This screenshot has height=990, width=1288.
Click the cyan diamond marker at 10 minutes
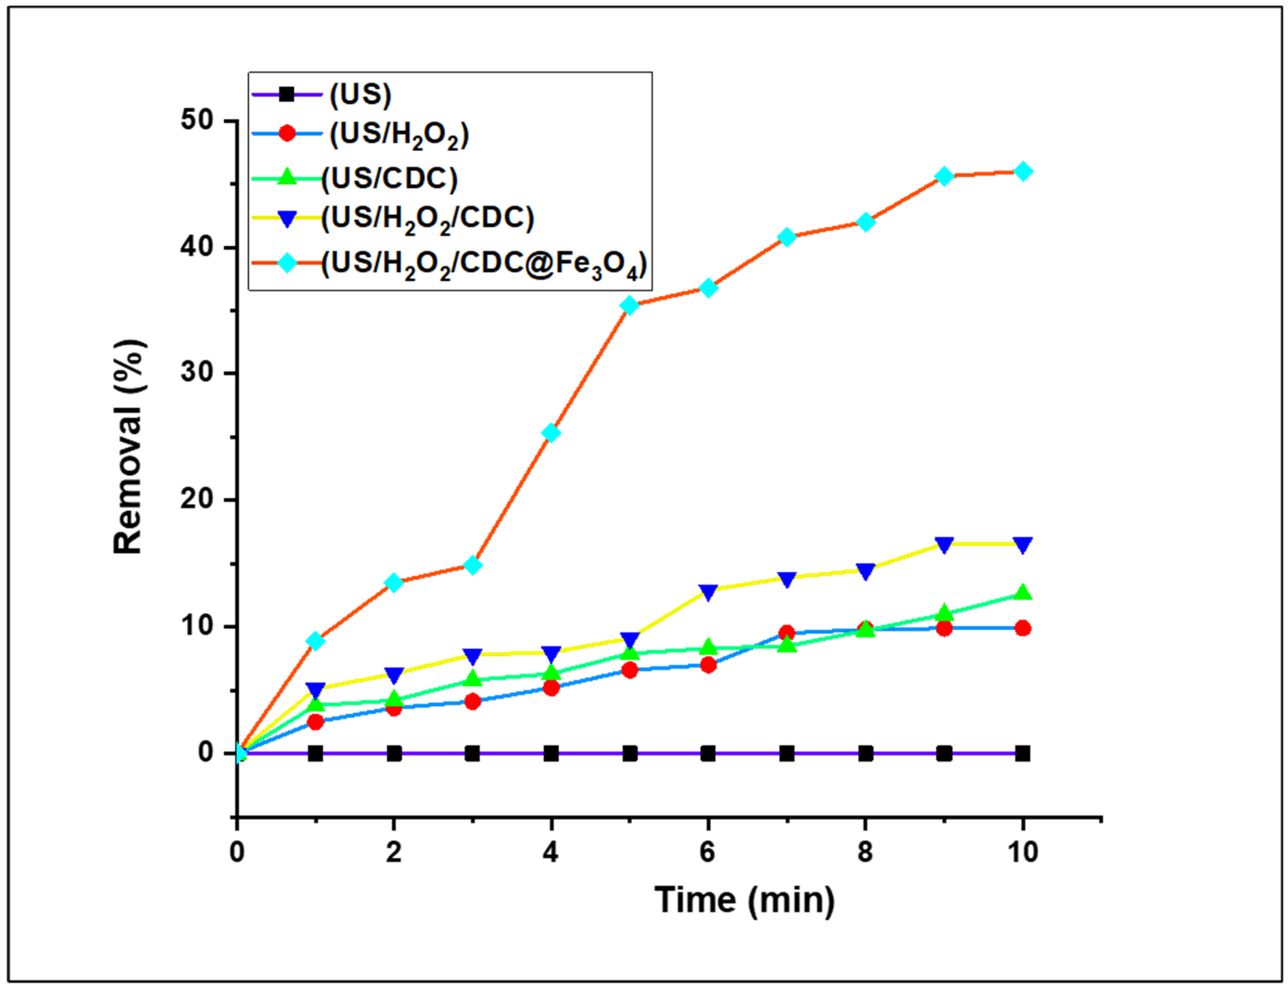click(x=1023, y=171)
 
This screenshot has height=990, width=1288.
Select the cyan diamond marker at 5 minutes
click(x=630, y=305)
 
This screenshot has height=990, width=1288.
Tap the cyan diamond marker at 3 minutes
click(x=472, y=565)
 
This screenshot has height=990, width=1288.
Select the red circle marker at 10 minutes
click(x=1023, y=628)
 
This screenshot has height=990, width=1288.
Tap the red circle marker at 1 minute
click(x=316, y=722)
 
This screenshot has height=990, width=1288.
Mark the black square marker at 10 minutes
click(x=1023, y=753)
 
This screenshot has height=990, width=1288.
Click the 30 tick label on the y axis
click(x=197, y=373)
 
